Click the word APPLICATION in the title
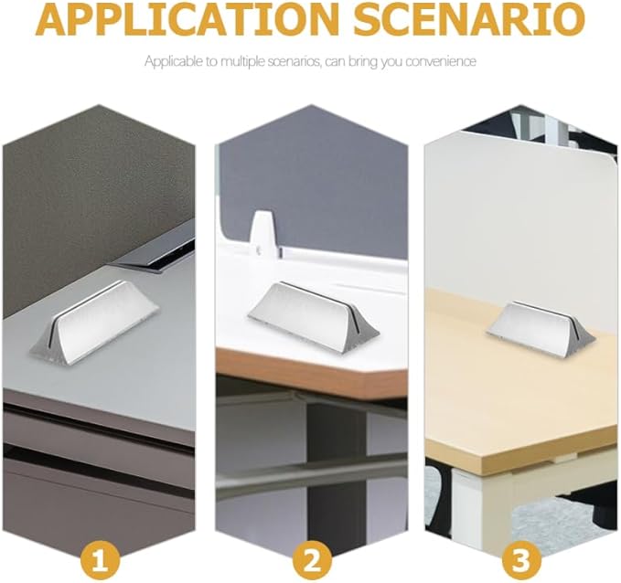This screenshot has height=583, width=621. tap(187, 19)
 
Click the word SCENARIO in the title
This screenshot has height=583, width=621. tap(469, 19)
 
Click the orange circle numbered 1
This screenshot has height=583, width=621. tap(100, 559)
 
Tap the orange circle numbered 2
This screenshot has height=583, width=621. tap(313, 559)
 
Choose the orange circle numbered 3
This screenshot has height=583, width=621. tap(521, 559)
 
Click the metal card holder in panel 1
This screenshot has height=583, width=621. tap(94, 321)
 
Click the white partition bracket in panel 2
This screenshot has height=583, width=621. tap(262, 234)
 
